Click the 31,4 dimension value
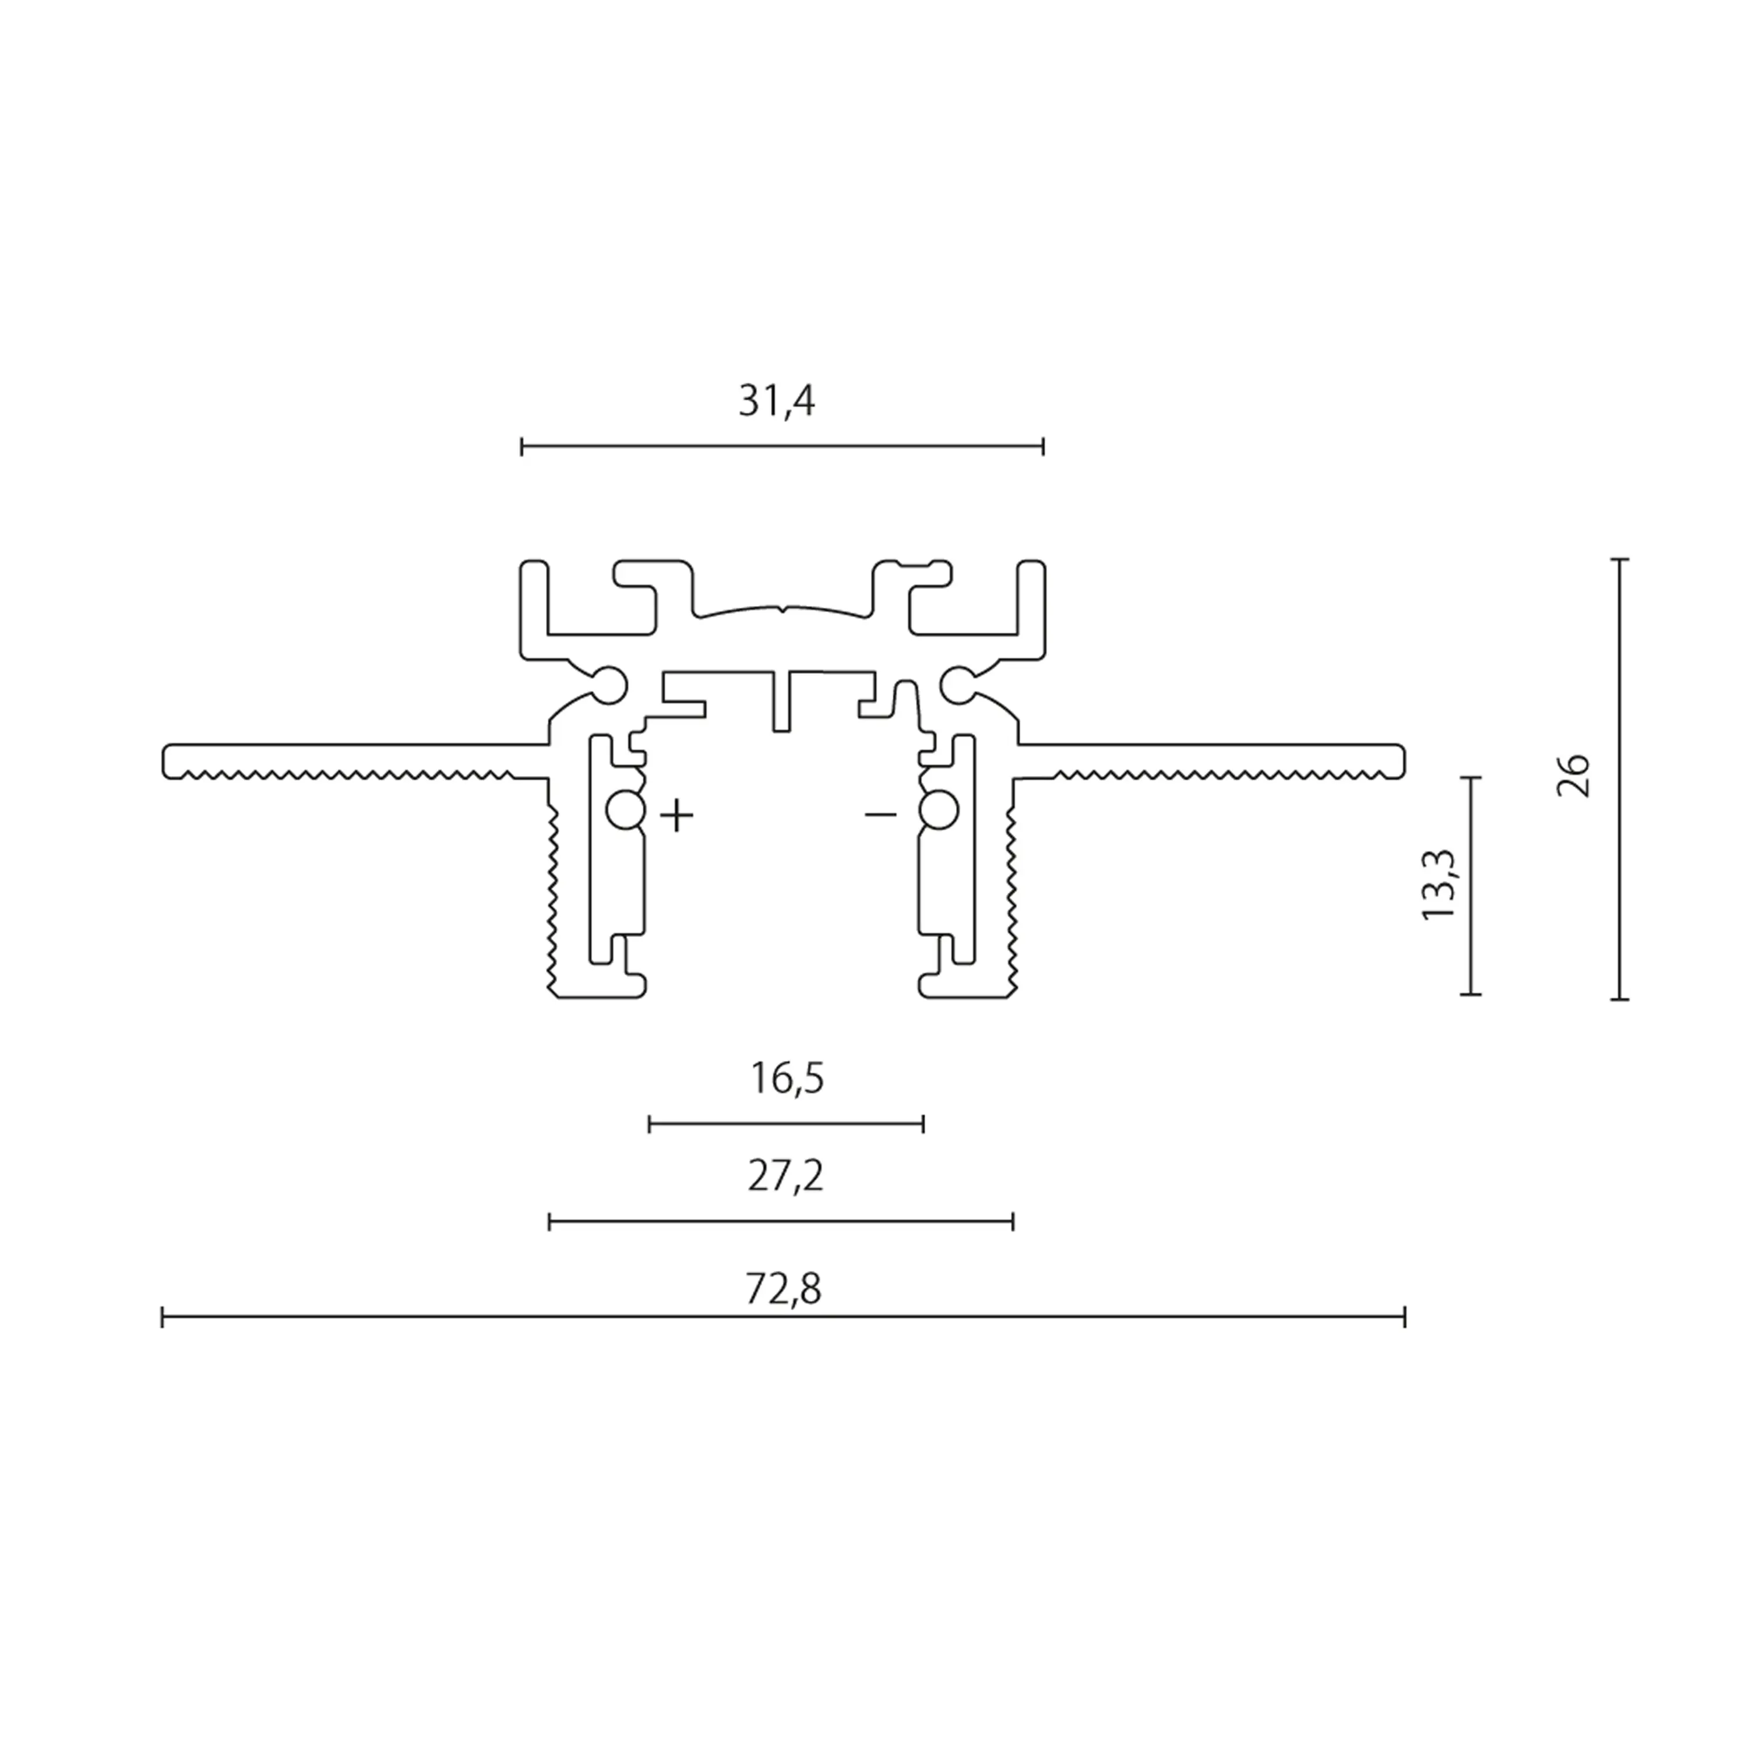point(776,401)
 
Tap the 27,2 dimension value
point(785,1177)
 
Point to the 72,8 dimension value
point(784,1289)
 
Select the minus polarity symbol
point(880,815)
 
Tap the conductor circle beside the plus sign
point(624,810)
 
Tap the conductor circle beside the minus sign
point(939,810)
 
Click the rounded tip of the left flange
point(167,761)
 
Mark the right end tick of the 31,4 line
point(1043,446)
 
